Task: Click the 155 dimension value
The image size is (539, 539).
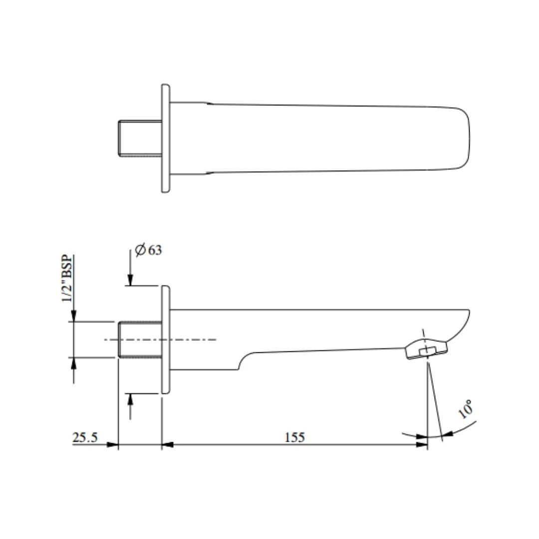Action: click(x=294, y=438)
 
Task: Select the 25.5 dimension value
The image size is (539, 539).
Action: click(x=85, y=438)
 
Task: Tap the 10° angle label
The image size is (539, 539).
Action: click(x=466, y=410)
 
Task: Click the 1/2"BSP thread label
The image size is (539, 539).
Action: click(x=66, y=279)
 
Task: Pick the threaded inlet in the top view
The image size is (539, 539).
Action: click(x=140, y=138)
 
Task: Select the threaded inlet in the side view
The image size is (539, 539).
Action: click(x=140, y=340)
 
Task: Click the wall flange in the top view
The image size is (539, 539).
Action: click(x=166, y=138)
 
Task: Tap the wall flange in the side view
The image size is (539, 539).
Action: click(x=166, y=340)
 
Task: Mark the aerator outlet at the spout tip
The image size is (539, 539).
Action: click(x=427, y=349)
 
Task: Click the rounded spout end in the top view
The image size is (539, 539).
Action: click(x=465, y=138)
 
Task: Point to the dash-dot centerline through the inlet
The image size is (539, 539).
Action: click(x=200, y=340)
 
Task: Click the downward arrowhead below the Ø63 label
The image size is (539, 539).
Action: click(x=130, y=280)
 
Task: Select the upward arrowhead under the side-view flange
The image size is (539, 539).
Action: click(x=130, y=399)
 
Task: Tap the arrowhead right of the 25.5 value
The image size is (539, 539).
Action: click(x=113, y=444)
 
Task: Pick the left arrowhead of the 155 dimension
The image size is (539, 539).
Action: click(x=168, y=444)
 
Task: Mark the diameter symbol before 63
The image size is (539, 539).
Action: click(x=140, y=250)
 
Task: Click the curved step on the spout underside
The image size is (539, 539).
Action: click(x=242, y=361)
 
